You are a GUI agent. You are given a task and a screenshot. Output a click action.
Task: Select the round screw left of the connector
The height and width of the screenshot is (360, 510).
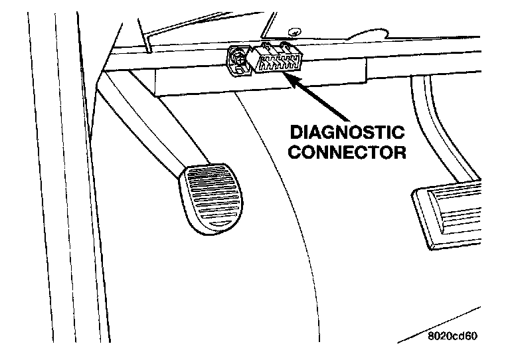point(240,58)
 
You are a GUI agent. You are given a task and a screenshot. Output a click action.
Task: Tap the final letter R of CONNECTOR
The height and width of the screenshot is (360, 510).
point(398,152)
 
